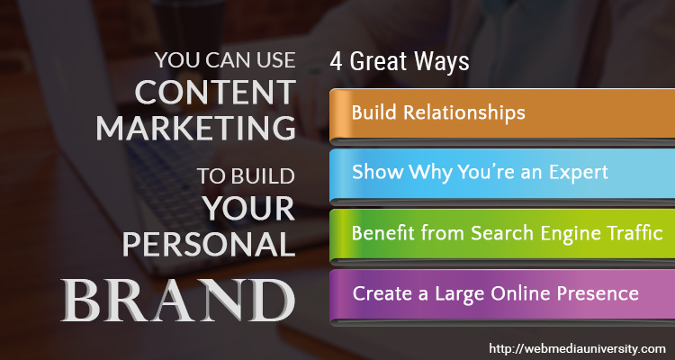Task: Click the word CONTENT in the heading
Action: tap(215, 92)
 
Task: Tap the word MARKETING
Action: tap(196, 128)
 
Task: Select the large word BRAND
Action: tap(178, 300)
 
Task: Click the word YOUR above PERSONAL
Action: tap(249, 209)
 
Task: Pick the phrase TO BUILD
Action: tap(246, 176)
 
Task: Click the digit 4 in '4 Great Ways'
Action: tap(336, 61)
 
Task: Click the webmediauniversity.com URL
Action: tap(577, 348)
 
